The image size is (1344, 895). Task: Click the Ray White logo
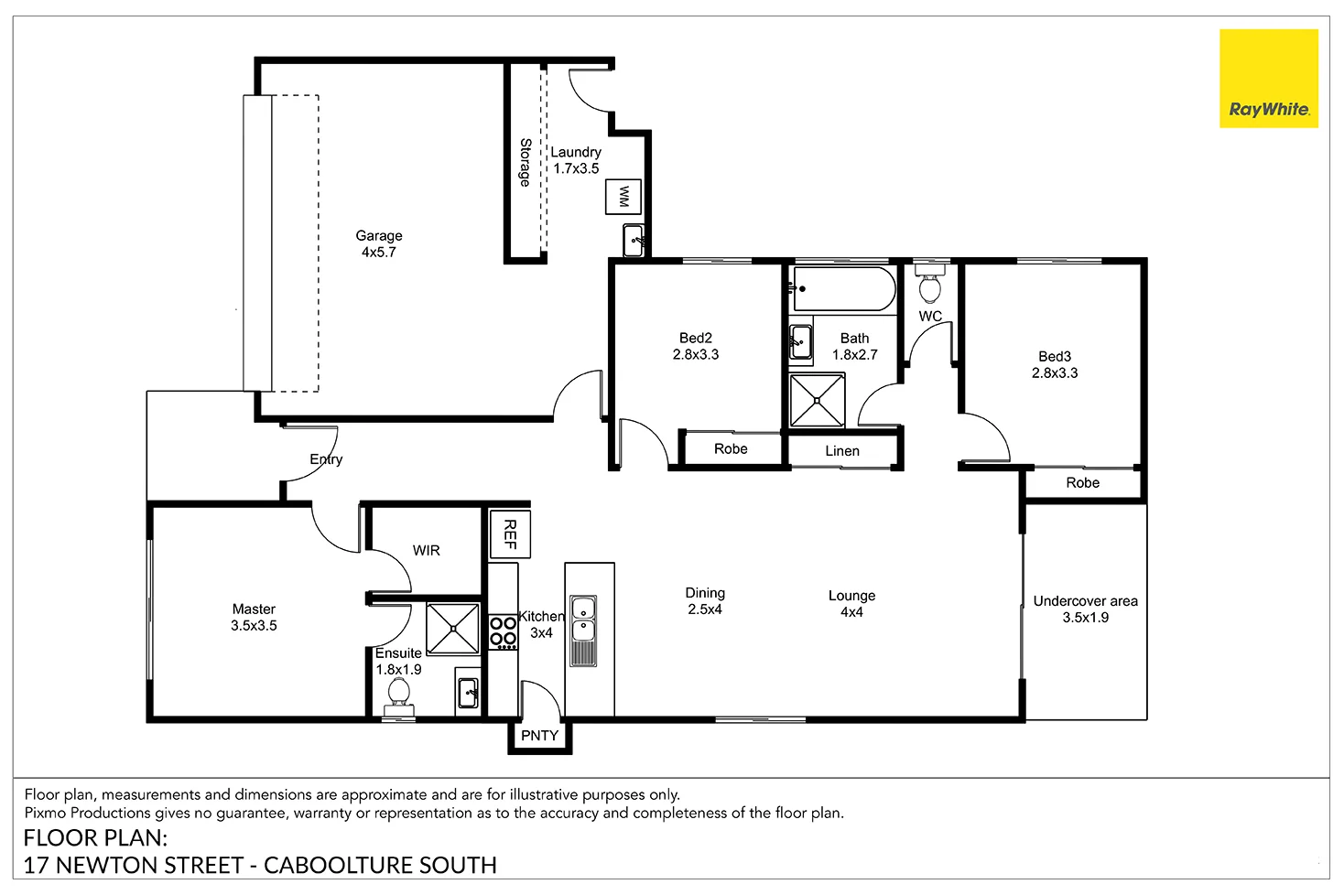click(1268, 78)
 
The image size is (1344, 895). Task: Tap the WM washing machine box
click(623, 196)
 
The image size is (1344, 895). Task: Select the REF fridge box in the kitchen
click(509, 534)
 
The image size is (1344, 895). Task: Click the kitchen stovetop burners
click(503, 631)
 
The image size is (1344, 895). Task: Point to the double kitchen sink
click(582, 631)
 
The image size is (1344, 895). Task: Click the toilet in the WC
click(930, 285)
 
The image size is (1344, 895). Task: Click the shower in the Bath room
click(817, 400)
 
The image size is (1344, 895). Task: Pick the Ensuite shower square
click(453, 629)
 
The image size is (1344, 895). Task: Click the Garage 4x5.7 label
click(379, 244)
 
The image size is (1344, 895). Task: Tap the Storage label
click(526, 163)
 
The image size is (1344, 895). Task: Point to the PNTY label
click(539, 736)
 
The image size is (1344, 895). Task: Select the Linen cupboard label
click(841, 451)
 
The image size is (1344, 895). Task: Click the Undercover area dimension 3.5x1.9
click(1086, 618)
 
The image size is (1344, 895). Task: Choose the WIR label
click(426, 550)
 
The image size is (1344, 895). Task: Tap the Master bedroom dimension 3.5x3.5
click(254, 626)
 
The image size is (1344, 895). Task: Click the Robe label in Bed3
click(1082, 483)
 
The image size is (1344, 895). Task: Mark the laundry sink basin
click(634, 240)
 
